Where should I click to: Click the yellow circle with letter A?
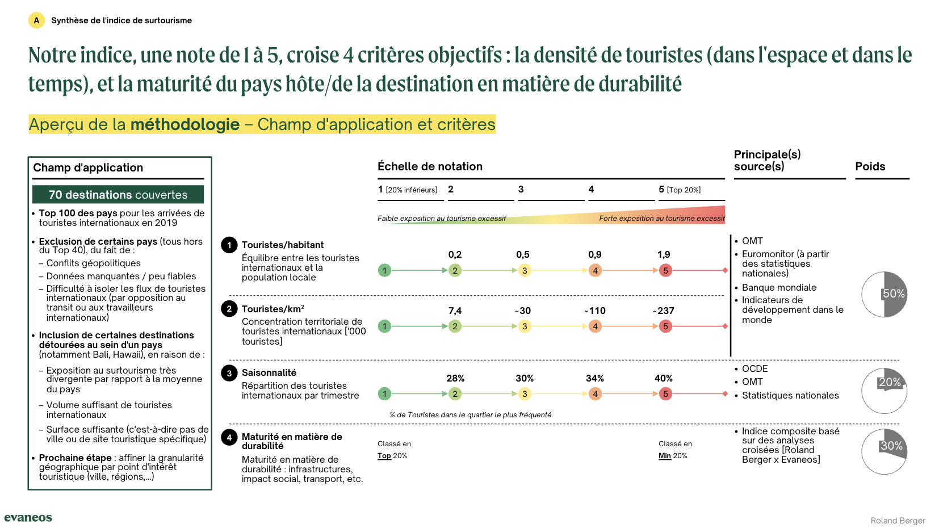coord(36,20)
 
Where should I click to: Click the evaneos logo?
coord(28,517)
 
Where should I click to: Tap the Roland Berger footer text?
coord(898,521)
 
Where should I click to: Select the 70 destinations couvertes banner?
coord(118,195)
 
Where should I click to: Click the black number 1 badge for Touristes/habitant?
coord(229,245)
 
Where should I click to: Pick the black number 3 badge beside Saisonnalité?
coord(229,373)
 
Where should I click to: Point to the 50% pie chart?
coord(884,294)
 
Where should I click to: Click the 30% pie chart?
coord(884,451)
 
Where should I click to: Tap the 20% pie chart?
coord(884,391)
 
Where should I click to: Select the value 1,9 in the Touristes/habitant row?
coord(664,255)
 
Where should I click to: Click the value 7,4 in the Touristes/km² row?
coord(455,311)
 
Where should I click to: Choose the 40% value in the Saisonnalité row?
coord(663,378)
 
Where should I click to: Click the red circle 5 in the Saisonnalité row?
coord(665,393)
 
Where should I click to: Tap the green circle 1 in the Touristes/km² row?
coord(384,326)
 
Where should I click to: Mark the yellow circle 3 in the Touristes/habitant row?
coord(525,270)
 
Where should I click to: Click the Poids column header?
coord(870,166)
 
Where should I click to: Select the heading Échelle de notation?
coord(430,166)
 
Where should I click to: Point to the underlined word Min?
coord(664,456)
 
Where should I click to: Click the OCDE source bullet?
coord(754,369)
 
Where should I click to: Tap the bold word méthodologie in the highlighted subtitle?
coord(185,124)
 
